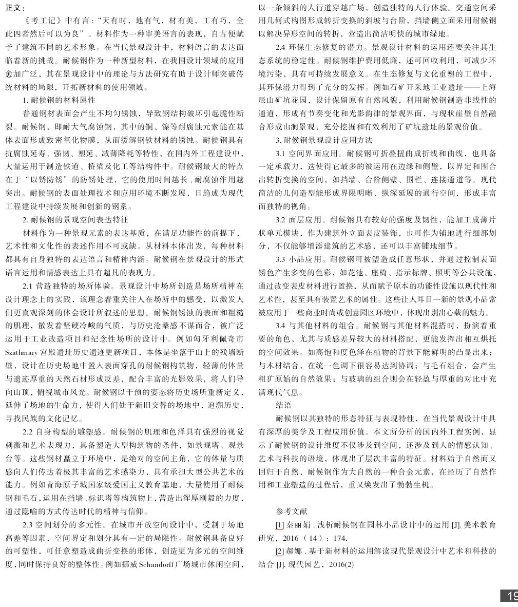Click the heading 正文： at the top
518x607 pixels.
15,8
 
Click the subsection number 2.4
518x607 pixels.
281,47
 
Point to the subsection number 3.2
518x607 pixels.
281,219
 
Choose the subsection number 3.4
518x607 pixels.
281,326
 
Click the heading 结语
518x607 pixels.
284,405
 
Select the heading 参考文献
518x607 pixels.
291,511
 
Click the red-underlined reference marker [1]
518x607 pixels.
279,525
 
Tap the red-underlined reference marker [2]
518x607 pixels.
279,552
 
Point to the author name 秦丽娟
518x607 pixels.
298,525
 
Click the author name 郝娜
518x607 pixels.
294,552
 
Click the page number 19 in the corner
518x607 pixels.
511,596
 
